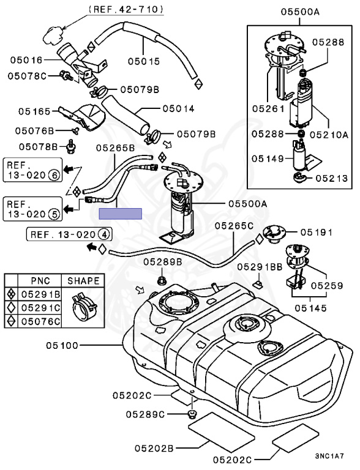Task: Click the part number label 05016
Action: [26, 60]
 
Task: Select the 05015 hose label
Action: [144, 61]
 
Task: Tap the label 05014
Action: [178, 109]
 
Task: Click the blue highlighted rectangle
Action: [121, 214]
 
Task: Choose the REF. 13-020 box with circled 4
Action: [69, 234]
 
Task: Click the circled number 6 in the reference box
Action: [53, 175]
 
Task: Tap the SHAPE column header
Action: [83, 281]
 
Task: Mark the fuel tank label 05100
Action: [61, 346]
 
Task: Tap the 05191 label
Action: [317, 233]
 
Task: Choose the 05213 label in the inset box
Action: [332, 179]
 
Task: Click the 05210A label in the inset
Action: [332, 134]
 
